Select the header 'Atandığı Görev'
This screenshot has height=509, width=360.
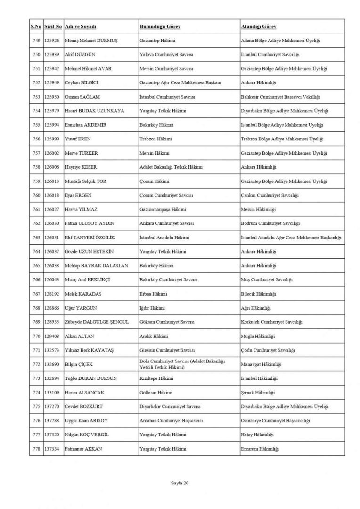point(259,26)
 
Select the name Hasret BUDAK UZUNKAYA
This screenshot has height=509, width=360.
point(94,111)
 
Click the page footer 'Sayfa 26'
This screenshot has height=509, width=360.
point(180,483)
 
